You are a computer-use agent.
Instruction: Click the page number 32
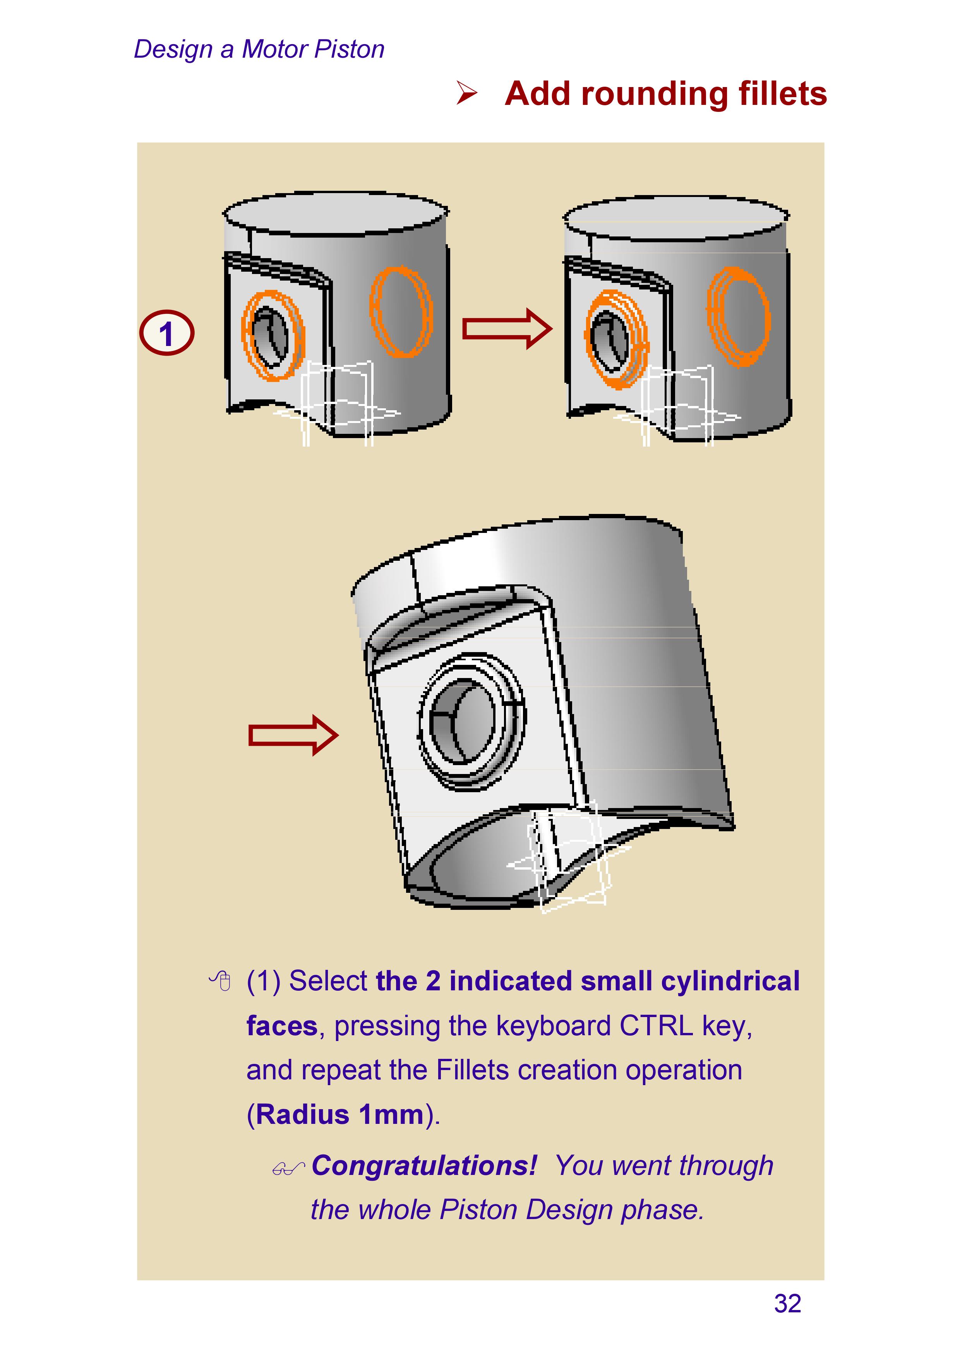[787, 1304]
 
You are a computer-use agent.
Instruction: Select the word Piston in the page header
[350, 49]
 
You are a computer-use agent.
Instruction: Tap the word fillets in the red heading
[782, 94]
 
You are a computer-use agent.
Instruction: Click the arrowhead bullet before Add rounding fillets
[467, 93]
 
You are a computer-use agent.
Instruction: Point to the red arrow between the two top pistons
[507, 329]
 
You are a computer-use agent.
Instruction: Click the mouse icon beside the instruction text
[221, 981]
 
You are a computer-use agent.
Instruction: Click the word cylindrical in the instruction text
[730, 981]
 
